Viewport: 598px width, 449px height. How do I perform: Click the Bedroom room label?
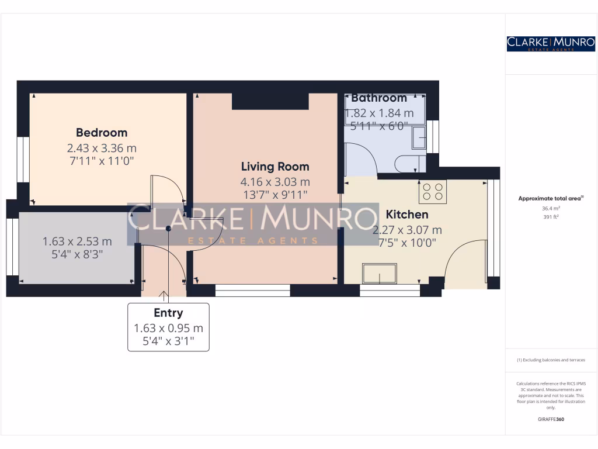point(102,133)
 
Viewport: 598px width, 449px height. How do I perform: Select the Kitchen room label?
point(407,215)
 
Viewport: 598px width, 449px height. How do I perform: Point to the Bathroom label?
point(379,98)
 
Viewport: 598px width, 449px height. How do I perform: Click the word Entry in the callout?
point(168,313)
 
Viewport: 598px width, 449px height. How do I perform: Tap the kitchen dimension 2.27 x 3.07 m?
point(407,230)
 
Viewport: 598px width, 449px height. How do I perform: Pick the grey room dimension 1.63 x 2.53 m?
point(77,241)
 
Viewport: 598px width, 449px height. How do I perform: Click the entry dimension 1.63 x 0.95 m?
point(168,329)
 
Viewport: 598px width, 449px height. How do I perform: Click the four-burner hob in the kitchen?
point(432,192)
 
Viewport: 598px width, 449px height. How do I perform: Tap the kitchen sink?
point(380,273)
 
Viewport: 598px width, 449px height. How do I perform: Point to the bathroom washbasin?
point(419,139)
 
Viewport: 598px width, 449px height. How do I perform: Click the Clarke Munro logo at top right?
point(551,43)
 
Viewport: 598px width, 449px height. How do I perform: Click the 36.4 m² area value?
point(551,208)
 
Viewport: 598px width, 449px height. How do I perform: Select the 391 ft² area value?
point(551,217)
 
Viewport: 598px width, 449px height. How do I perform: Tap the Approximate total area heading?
point(551,199)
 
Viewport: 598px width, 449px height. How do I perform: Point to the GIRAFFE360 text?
point(551,419)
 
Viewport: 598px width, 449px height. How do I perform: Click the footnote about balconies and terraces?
point(551,360)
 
